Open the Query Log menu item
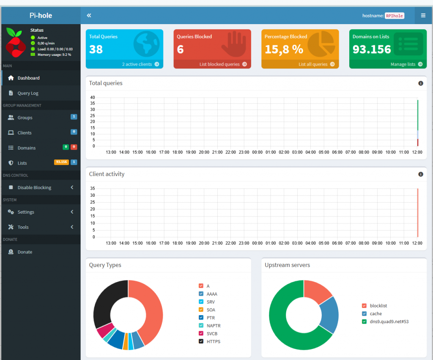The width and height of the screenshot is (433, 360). click(x=28, y=93)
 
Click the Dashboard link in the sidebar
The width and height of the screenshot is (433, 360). click(x=28, y=78)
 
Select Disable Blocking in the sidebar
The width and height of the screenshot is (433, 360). click(x=34, y=187)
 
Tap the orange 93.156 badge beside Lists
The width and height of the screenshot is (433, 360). click(x=61, y=162)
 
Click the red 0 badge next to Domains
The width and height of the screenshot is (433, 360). click(x=74, y=147)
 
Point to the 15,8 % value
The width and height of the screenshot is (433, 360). click(x=284, y=49)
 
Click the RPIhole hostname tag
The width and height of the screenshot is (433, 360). click(x=395, y=16)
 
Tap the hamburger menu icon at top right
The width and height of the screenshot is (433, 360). click(x=423, y=16)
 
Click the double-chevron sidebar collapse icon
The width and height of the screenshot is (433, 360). click(x=89, y=16)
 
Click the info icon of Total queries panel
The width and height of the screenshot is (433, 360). click(x=421, y=83)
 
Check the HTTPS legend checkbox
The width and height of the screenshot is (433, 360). click(x=201, y=341)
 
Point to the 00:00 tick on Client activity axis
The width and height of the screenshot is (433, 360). click(x=258, y=243)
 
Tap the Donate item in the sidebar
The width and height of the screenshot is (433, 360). click(x=25, y=252)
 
